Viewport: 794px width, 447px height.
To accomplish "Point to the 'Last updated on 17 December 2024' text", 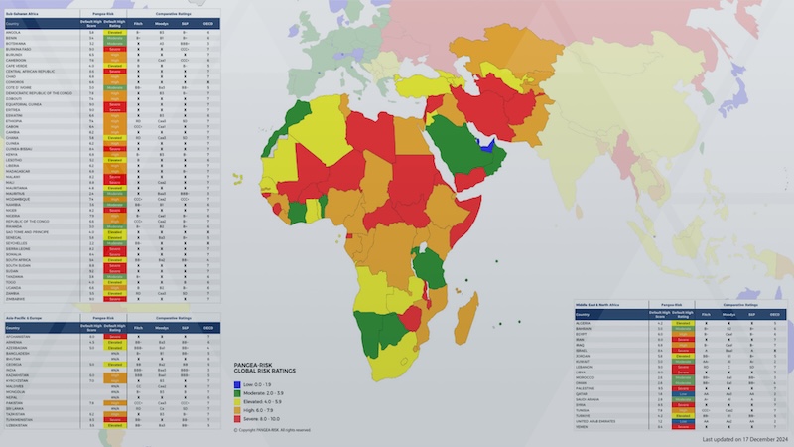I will point(744,438).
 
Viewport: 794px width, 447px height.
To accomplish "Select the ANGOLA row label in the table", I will point(14,33).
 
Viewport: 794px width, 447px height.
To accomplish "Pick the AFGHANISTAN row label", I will point(20,336).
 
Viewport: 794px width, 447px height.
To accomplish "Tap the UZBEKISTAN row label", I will point(19,425).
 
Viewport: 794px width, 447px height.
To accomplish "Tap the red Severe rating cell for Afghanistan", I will point(115,336).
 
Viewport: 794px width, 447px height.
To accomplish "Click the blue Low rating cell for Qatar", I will point(682,392).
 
